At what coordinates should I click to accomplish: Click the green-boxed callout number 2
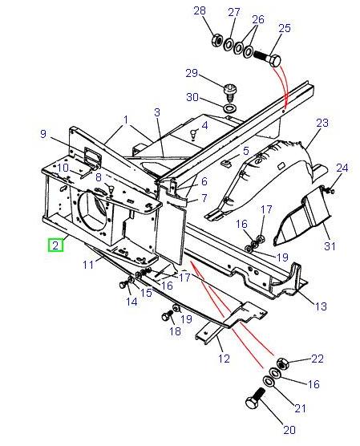[55, 246]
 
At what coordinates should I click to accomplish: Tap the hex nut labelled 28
[216, 40]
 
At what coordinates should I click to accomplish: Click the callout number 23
[322, 123]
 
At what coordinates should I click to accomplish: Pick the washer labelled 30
[229, 107]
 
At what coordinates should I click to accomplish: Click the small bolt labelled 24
[330, 190]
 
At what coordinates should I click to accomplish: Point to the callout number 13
[319, 305]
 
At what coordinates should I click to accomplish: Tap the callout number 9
[44, 135]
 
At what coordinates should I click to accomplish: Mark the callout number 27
[234, 12]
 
